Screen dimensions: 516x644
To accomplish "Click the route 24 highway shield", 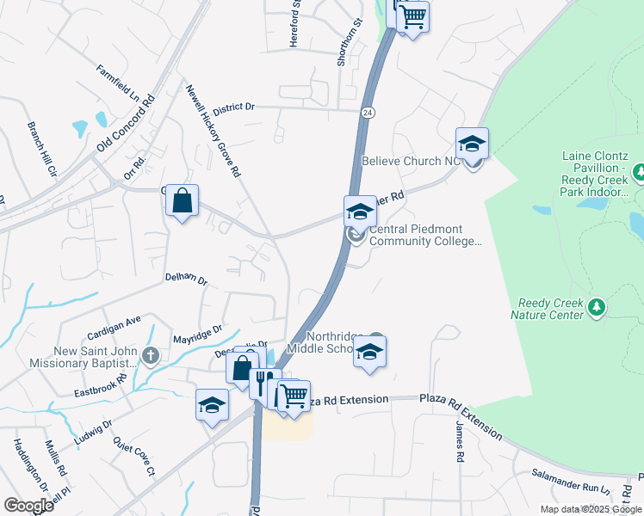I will pyautogui.click(x=368, y=113).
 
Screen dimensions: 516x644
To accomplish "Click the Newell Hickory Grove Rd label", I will pyautogui.click(x=212, y=130).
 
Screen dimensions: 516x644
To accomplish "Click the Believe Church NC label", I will pyautogui.click(x=412, y=161).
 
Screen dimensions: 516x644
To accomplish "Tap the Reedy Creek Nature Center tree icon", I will pyautogui.click(x=595, y=306).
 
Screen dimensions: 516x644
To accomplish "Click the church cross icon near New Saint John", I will pyautogui.click(x=151, y=356).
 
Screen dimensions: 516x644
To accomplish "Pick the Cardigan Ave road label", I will pyautogui.click(x=113, y=327).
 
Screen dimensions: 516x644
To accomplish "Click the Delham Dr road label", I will pyautogui.click(x=187, y=279).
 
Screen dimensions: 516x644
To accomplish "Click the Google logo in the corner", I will pyautogui.click(x=28, y=506).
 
